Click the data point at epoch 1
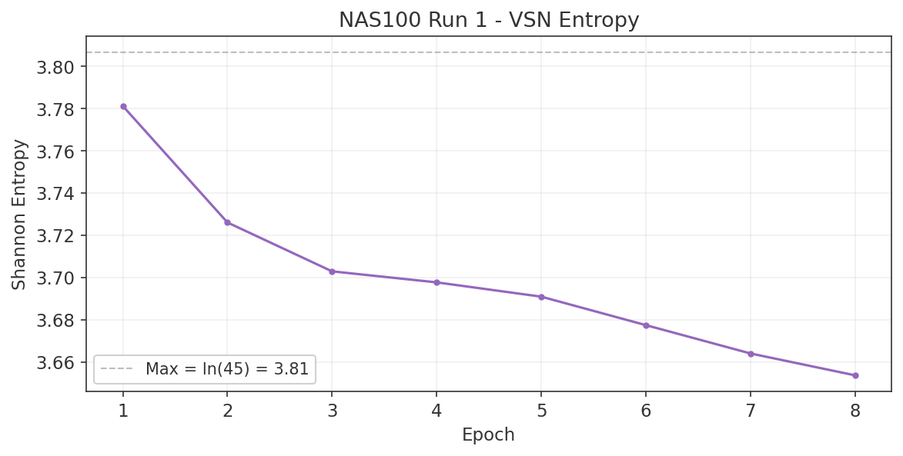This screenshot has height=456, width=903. point(123,106)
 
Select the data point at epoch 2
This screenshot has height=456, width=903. point(227,222)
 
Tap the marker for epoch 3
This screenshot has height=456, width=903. point(332,271)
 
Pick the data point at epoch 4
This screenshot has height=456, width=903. point(436,282)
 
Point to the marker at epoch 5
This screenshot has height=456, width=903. point(541,297)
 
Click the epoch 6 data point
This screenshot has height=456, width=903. point(646,325)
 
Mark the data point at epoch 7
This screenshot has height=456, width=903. point(751,354)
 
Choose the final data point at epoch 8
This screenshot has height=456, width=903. point(855,375)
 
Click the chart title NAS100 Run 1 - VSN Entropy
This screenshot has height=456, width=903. point(489,20)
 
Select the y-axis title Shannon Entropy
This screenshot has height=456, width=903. point(19,214)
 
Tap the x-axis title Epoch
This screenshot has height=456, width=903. point(488,434)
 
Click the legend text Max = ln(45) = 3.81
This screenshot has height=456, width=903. point(227,369)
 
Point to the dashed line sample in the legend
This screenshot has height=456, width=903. point(116,370)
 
